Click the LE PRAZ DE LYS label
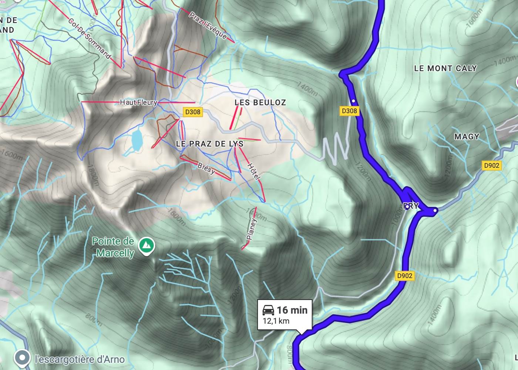click(210, 144)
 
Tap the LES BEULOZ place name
click(260, 102)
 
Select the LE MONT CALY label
click(445, 68)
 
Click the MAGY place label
click(467, 137)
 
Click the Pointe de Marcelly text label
click(113, 247)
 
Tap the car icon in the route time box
click(268, 310)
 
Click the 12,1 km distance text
click(276, 321)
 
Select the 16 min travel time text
click(292, 310)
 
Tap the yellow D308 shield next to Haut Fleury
click(193, 112)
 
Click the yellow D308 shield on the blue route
click(349, 111)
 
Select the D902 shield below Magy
click(491, 166)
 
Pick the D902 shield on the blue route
click(404, 276)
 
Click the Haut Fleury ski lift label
click(138, 102)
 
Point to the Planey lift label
click(251, 229)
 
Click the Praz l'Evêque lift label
click(208, 26)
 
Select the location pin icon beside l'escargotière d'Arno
click(22, 358)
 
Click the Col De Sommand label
click(90, 38)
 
